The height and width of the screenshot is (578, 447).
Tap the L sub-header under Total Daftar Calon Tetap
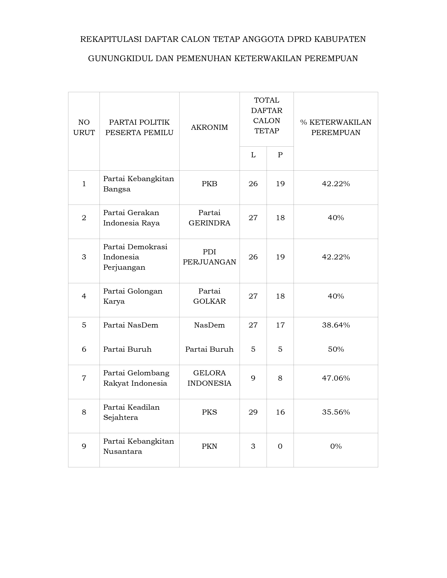pos(253,155)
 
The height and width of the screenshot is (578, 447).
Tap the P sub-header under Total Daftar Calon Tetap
pos(280,155)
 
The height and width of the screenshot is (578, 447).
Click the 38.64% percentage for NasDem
pos(336,325)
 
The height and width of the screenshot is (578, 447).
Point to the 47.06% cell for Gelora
pos(336,378)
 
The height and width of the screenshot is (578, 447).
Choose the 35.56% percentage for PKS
pos(336,412)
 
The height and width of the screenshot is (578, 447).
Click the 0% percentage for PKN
pos(336,446)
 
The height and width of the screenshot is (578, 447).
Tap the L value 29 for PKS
pos(253,412)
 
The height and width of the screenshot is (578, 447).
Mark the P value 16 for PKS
pos(280,412)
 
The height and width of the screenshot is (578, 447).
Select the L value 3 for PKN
pos(253,446)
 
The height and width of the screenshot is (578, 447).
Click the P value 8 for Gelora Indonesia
pos(280,378)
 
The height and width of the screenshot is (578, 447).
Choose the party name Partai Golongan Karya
pos(133,296)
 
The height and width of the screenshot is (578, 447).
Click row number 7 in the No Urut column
pos(84,378)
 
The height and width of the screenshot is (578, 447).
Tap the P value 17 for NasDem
pos(280,325)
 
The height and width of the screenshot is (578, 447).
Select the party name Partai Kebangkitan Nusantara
pos(138,446)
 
